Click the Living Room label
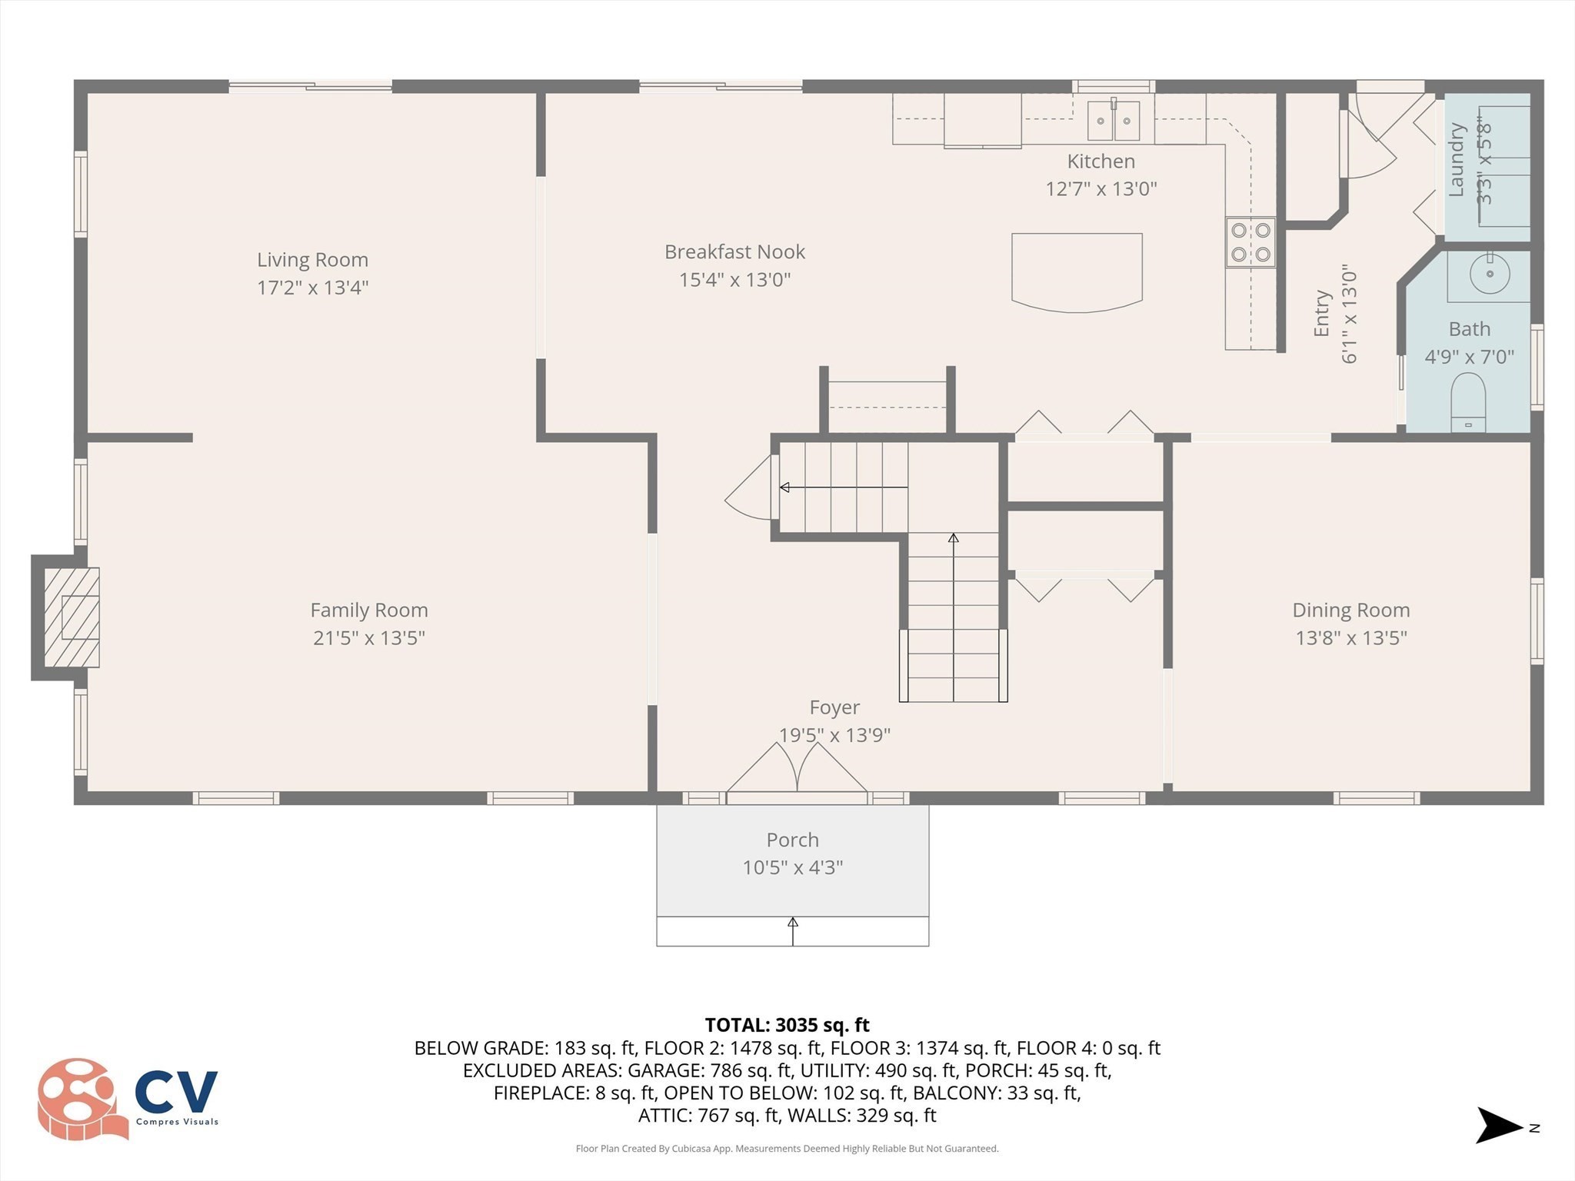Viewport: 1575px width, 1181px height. coord(312,260)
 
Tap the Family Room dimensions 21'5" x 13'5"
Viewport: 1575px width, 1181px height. coord(369,637)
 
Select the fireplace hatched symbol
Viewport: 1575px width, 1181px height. coord(72,617)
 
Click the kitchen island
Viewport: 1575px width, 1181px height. coord(1077,272)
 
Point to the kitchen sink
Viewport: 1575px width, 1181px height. coord(1114,120)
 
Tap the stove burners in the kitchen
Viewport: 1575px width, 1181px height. coord(1250,242)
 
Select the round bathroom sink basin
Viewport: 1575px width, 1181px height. coord(1490,273)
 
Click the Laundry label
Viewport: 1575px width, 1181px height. coord(1456,160)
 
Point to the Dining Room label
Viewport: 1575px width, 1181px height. coord(1351,610)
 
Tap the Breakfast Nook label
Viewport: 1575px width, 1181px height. coord(735,251)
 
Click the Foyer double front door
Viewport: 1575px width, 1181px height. coord(797,769)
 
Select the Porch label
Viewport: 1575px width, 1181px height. coord(792,840)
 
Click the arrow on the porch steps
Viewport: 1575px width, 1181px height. coord(793,931)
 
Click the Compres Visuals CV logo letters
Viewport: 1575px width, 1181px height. coord(177,1091)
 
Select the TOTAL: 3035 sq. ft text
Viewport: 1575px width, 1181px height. coord(787,1025)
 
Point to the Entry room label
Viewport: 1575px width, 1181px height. coord(1321,313)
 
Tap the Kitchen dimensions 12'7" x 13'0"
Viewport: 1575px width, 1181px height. coord(1101,188)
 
